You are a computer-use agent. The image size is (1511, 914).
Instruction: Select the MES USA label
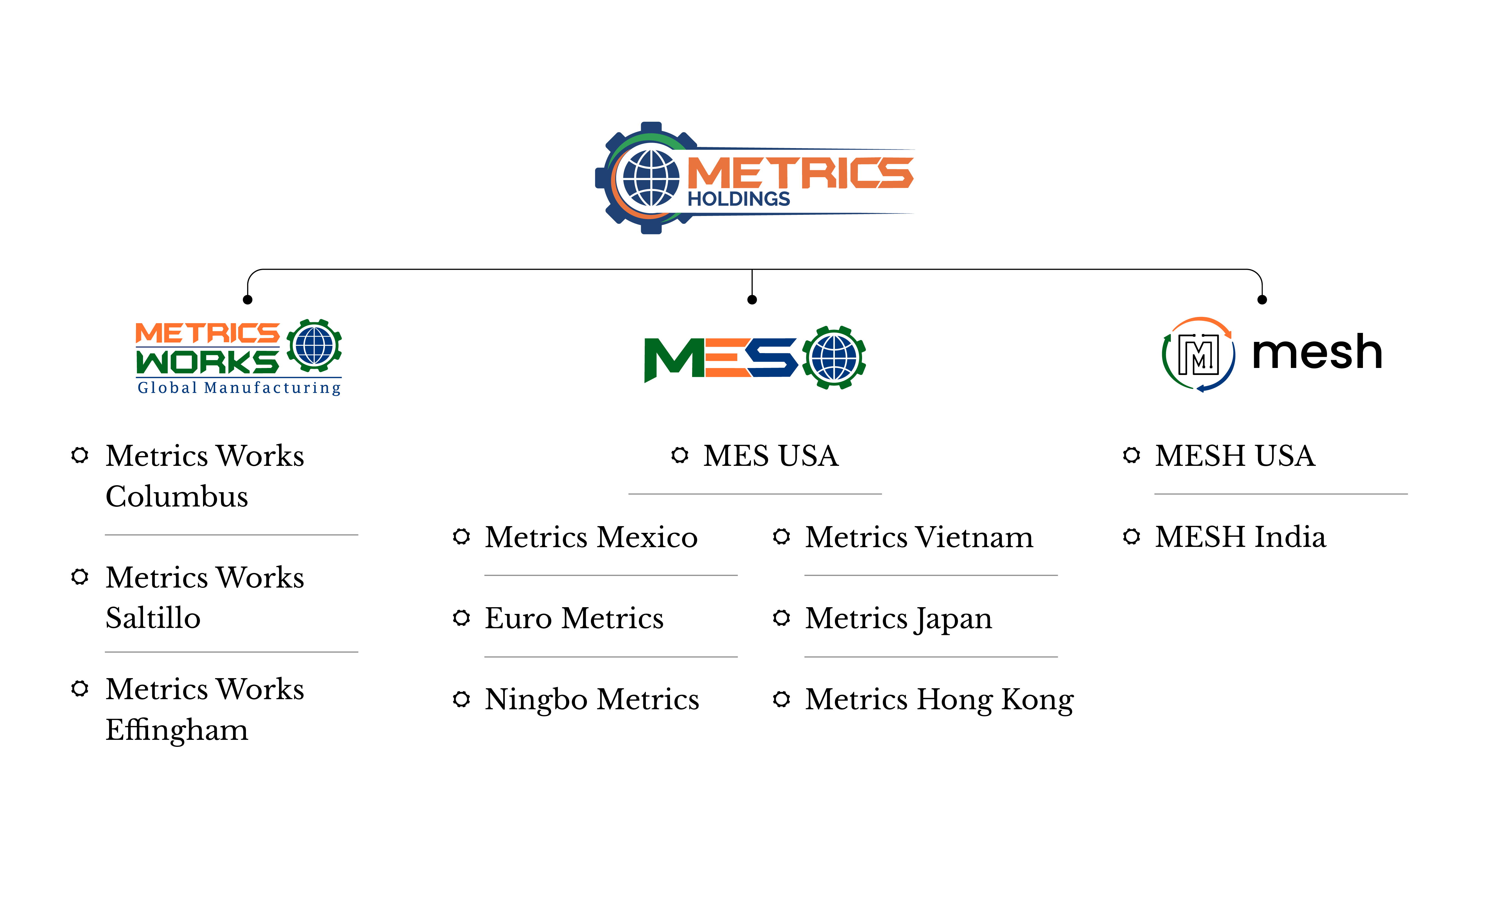[770, 456]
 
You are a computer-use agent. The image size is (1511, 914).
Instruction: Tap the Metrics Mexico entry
[591, 537]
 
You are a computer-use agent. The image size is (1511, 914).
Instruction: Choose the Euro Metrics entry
[574, 618]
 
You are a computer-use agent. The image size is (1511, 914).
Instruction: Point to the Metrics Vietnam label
[919, 537]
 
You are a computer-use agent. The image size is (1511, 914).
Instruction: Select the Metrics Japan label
[898, 618]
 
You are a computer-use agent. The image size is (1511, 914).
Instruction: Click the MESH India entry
[1240, 537]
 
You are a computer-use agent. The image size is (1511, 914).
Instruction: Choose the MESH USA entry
[1234, 456]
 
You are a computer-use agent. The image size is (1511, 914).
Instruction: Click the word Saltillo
[153, 618]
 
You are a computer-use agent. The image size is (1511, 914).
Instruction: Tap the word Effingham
[177, 730]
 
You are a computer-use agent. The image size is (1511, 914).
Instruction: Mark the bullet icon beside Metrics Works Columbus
[80, 455]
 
